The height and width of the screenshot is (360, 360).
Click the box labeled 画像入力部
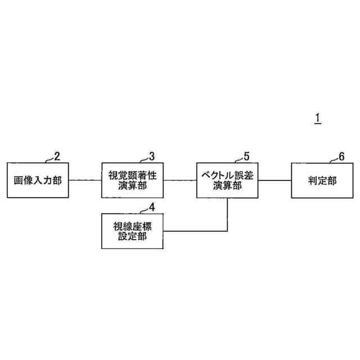coord(37,180)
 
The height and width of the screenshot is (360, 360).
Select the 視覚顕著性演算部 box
coord(132,180)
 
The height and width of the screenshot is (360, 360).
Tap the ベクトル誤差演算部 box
coord(227,180)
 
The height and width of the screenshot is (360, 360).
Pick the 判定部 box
coord(322,180)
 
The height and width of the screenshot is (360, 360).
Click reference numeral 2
coord(56,155)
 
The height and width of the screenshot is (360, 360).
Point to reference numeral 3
coord(151,155)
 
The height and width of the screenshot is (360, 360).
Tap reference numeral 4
coord(151,206)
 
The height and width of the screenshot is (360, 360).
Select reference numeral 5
coord(246,155)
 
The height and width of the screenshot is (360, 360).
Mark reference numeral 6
coord(341,155)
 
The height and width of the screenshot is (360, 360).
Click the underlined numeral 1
coord(318,118)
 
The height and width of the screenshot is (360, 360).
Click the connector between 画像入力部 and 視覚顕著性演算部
coord(84,180)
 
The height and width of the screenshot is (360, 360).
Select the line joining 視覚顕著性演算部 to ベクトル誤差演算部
coord(179,180)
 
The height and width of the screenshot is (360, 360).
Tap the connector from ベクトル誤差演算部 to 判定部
coord(274,180)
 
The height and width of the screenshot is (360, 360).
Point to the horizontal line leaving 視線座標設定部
coord(194,231)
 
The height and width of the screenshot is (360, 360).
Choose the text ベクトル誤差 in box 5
coord(227,175)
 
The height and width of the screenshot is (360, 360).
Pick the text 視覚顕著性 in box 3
coord(132,175)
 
